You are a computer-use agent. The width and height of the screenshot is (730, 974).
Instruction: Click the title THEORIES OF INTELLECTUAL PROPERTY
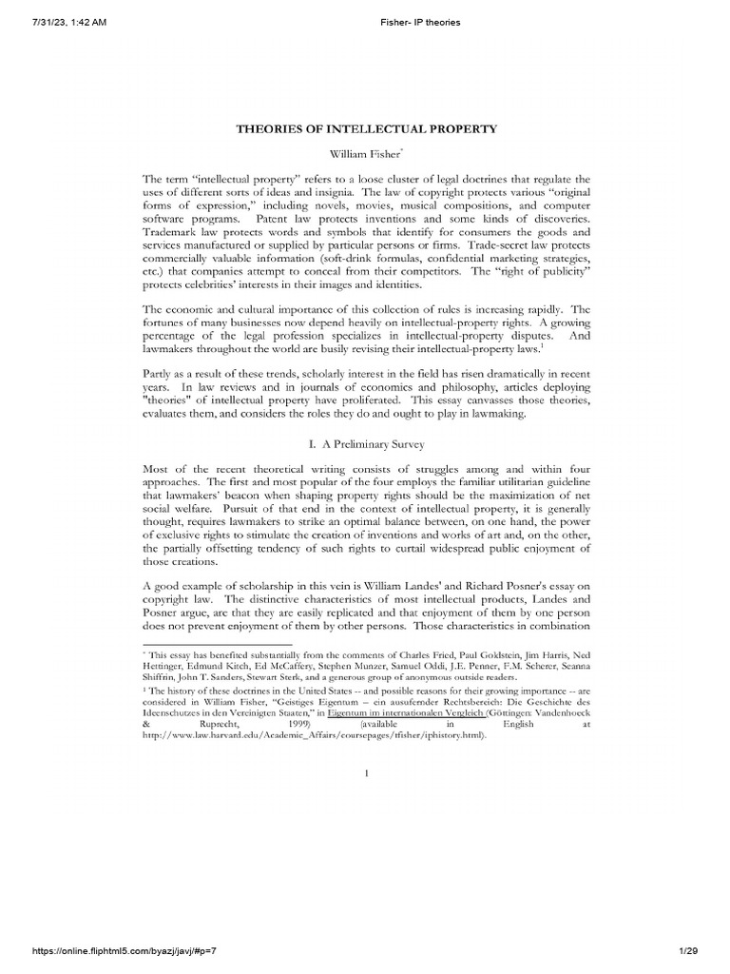point(366,127)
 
